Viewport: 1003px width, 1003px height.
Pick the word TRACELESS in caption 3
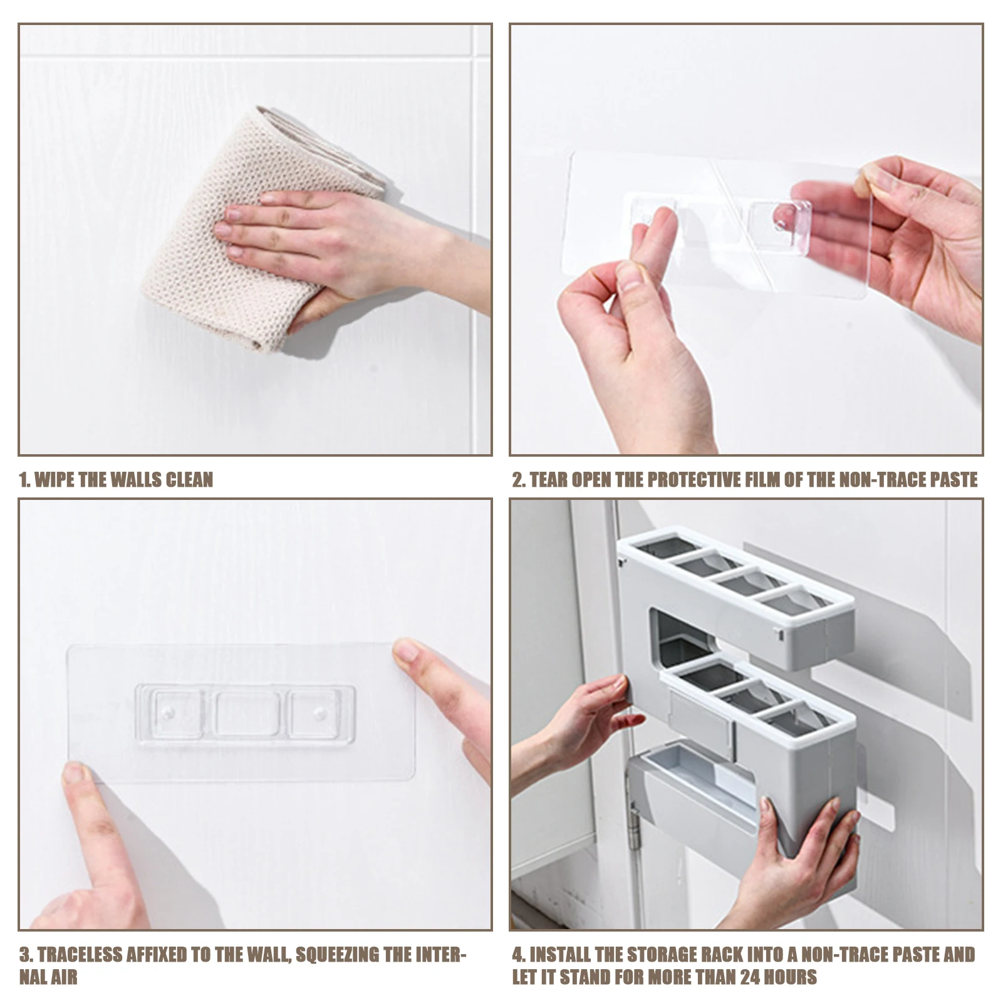pyautogui.click(x=80, y=955)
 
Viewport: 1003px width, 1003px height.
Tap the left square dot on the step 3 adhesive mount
pyautogui.click(x=168, y=712)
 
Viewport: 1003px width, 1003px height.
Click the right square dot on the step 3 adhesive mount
pyautogui.click(x=320, y=713)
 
